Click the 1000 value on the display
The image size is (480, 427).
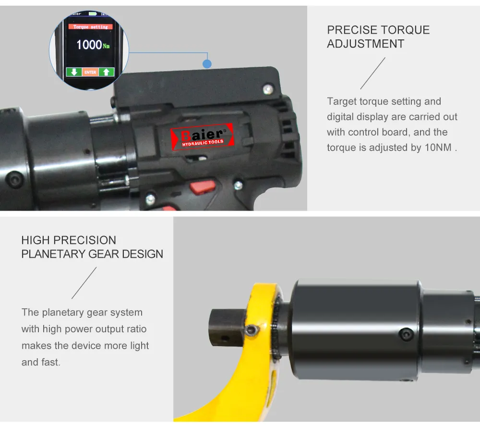[x=89, y=45]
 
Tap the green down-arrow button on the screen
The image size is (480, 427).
[x=74, y=72]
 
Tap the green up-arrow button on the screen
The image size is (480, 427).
[x=106, y=72]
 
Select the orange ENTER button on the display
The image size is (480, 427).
[x=90, y=72]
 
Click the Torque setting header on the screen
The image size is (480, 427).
[x=90, y=27]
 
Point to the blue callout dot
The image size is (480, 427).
[x=207, y=63]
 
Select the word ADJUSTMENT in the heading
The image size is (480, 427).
[x=365, y=44]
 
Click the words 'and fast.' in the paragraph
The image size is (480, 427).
[x=41, y=362]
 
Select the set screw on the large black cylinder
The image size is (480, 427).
[x=407, y=334]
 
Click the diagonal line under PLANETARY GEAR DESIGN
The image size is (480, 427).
[x=84, y=283]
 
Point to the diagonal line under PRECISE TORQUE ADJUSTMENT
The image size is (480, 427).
[x=373, y=73]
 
